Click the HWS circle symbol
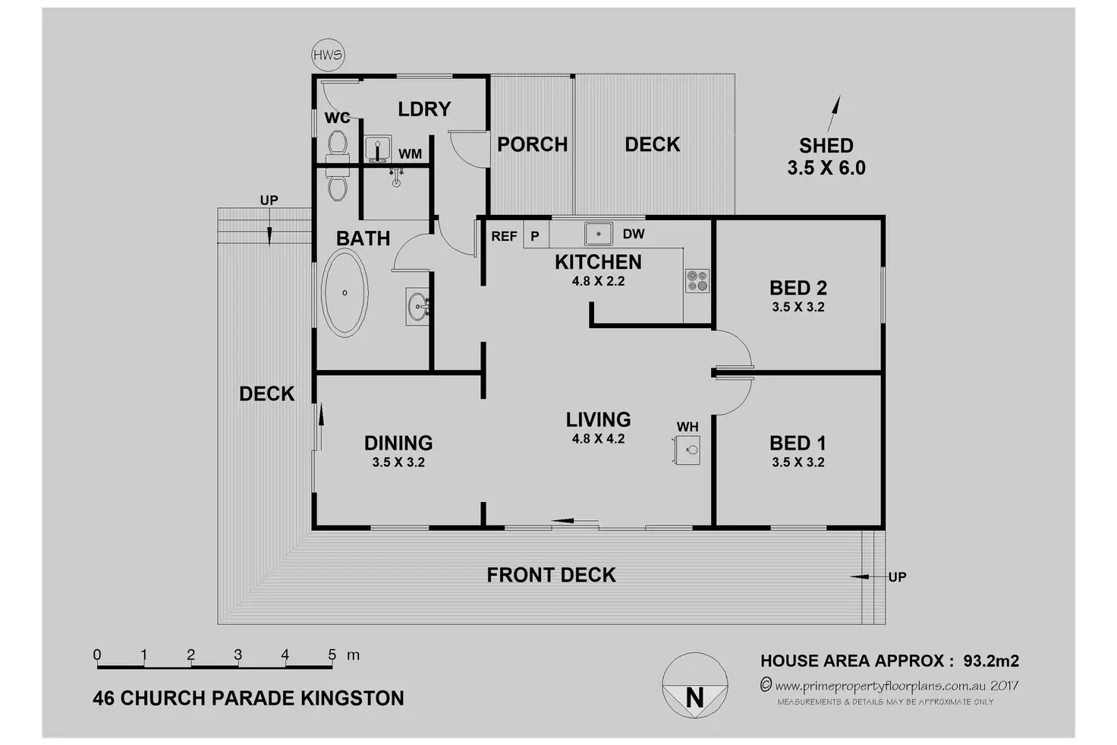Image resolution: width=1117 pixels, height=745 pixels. pos(328,55)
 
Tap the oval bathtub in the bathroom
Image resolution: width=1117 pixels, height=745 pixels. pos(345,292)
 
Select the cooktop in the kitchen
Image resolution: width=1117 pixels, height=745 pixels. pos(697,280)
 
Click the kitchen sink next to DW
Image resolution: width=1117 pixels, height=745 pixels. pos(598,233)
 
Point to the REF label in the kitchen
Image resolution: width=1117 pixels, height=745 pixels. pos(504,236)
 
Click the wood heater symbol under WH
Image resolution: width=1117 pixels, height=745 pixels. pos(688,450)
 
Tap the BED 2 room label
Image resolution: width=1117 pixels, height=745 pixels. pos(798,288)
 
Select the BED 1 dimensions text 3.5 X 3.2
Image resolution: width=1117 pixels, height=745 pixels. pos(798,462)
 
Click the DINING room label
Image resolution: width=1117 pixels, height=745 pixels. pos(398,443)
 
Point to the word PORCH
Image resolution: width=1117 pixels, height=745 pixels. pos(532,144)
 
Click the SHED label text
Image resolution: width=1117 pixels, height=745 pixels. pos(826,145)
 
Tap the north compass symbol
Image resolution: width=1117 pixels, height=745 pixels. pos(694,685)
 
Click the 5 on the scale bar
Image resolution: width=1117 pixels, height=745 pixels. pos(332,655)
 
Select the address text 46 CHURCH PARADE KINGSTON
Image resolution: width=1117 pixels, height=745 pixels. pos(248,698)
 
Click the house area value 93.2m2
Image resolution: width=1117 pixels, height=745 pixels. pos(991,661)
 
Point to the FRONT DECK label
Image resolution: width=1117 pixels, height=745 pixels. pos(551,575)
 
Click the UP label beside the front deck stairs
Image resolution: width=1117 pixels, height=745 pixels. pos(897,577)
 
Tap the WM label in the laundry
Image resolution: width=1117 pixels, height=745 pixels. pos(410,154)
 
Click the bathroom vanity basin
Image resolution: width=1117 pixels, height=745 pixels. pos(417,306)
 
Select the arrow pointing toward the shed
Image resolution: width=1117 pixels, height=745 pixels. pos(834,115)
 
